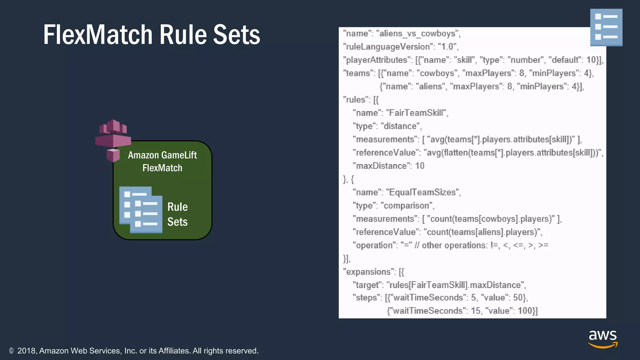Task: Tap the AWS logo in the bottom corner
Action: [603, 339]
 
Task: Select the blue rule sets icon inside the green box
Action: [141, 210]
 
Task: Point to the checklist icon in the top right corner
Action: [606, 27]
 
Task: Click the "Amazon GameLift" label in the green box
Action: [162, 155]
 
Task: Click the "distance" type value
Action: [401, 126]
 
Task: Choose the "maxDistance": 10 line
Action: [388, 166]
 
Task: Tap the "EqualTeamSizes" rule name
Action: [423, 192]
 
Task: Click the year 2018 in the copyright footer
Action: [27, 351]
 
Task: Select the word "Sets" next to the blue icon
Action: [177, 222]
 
